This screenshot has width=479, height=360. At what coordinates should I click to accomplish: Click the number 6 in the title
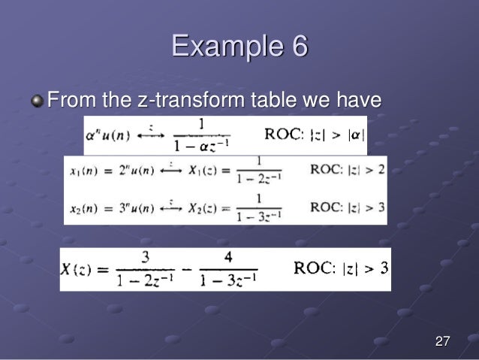tap(299, 47)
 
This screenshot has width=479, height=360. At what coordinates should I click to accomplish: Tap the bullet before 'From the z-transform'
tap(38, 99)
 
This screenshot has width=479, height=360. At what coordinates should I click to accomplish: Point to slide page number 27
tap(442, 343)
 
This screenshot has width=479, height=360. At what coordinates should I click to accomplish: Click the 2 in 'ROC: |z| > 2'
tap(381, 169)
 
